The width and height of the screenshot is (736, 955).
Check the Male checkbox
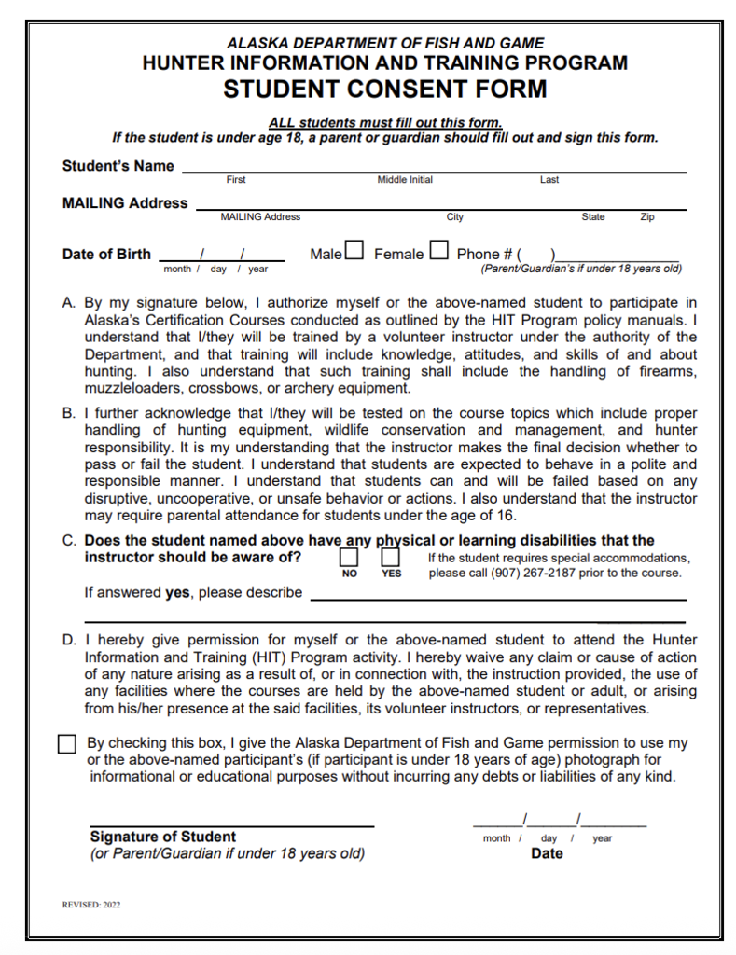point(354,251)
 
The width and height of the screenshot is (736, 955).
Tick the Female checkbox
point(438,251)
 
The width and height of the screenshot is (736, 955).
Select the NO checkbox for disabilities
point(349,557)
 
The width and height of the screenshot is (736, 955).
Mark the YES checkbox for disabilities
point(390,557)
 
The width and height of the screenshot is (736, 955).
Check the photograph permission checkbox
point(67,744)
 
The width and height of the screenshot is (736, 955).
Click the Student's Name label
point(118,166)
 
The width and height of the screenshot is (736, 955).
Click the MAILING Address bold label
point(124,202)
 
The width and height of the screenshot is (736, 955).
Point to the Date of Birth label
point(106,254)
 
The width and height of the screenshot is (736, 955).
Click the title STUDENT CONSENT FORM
point(384,90)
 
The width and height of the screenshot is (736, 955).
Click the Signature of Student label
point(162,837)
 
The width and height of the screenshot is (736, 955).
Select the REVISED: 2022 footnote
point(91,904)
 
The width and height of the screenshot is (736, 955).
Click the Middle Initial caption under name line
point(405,180)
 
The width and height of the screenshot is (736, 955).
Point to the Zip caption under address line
point(646,216)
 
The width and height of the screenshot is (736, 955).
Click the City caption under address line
point(454,216)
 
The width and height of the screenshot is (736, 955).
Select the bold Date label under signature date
point(547,853)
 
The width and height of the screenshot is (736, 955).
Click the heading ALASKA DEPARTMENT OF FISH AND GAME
point(384,43)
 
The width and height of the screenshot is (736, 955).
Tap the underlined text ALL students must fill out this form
point(384,122)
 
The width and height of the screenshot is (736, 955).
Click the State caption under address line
point(592,216)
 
